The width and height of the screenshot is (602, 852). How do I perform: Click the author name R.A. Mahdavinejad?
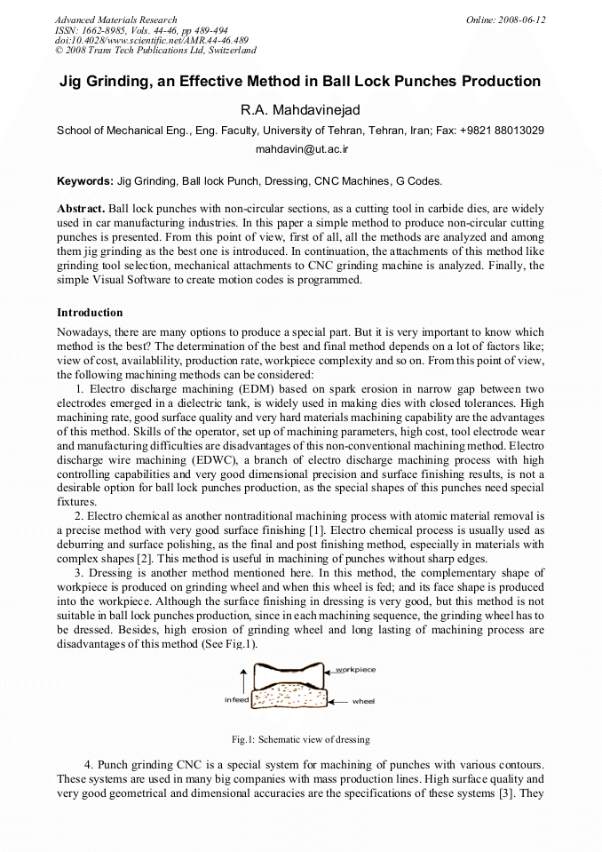click(x=300, y=109)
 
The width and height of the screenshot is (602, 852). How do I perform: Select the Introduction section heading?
click(x=90, y=313)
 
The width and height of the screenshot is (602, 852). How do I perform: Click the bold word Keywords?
click(x=85, y=181)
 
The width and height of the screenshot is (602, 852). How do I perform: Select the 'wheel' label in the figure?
click(x=363, y=701)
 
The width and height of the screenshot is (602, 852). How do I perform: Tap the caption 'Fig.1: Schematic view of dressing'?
click(x=300, y=739)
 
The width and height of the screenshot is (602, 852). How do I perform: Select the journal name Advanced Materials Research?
click(x=115, y=20)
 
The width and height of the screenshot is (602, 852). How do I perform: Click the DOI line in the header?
click(x=151, y=41)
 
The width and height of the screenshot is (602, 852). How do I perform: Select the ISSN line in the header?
click(x=141, y=30)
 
